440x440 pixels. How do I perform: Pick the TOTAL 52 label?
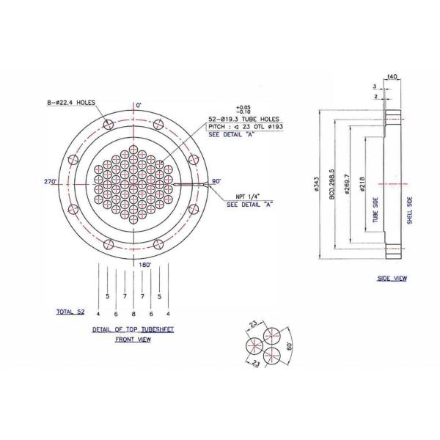(70, 312)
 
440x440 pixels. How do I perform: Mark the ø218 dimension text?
(362, 185)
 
